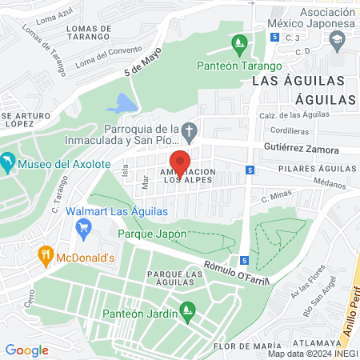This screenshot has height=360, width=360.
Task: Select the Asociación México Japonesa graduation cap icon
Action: coord(338,38)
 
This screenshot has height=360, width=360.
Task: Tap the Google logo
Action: coord(26,350)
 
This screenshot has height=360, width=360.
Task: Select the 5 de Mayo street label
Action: coord(142,62)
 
